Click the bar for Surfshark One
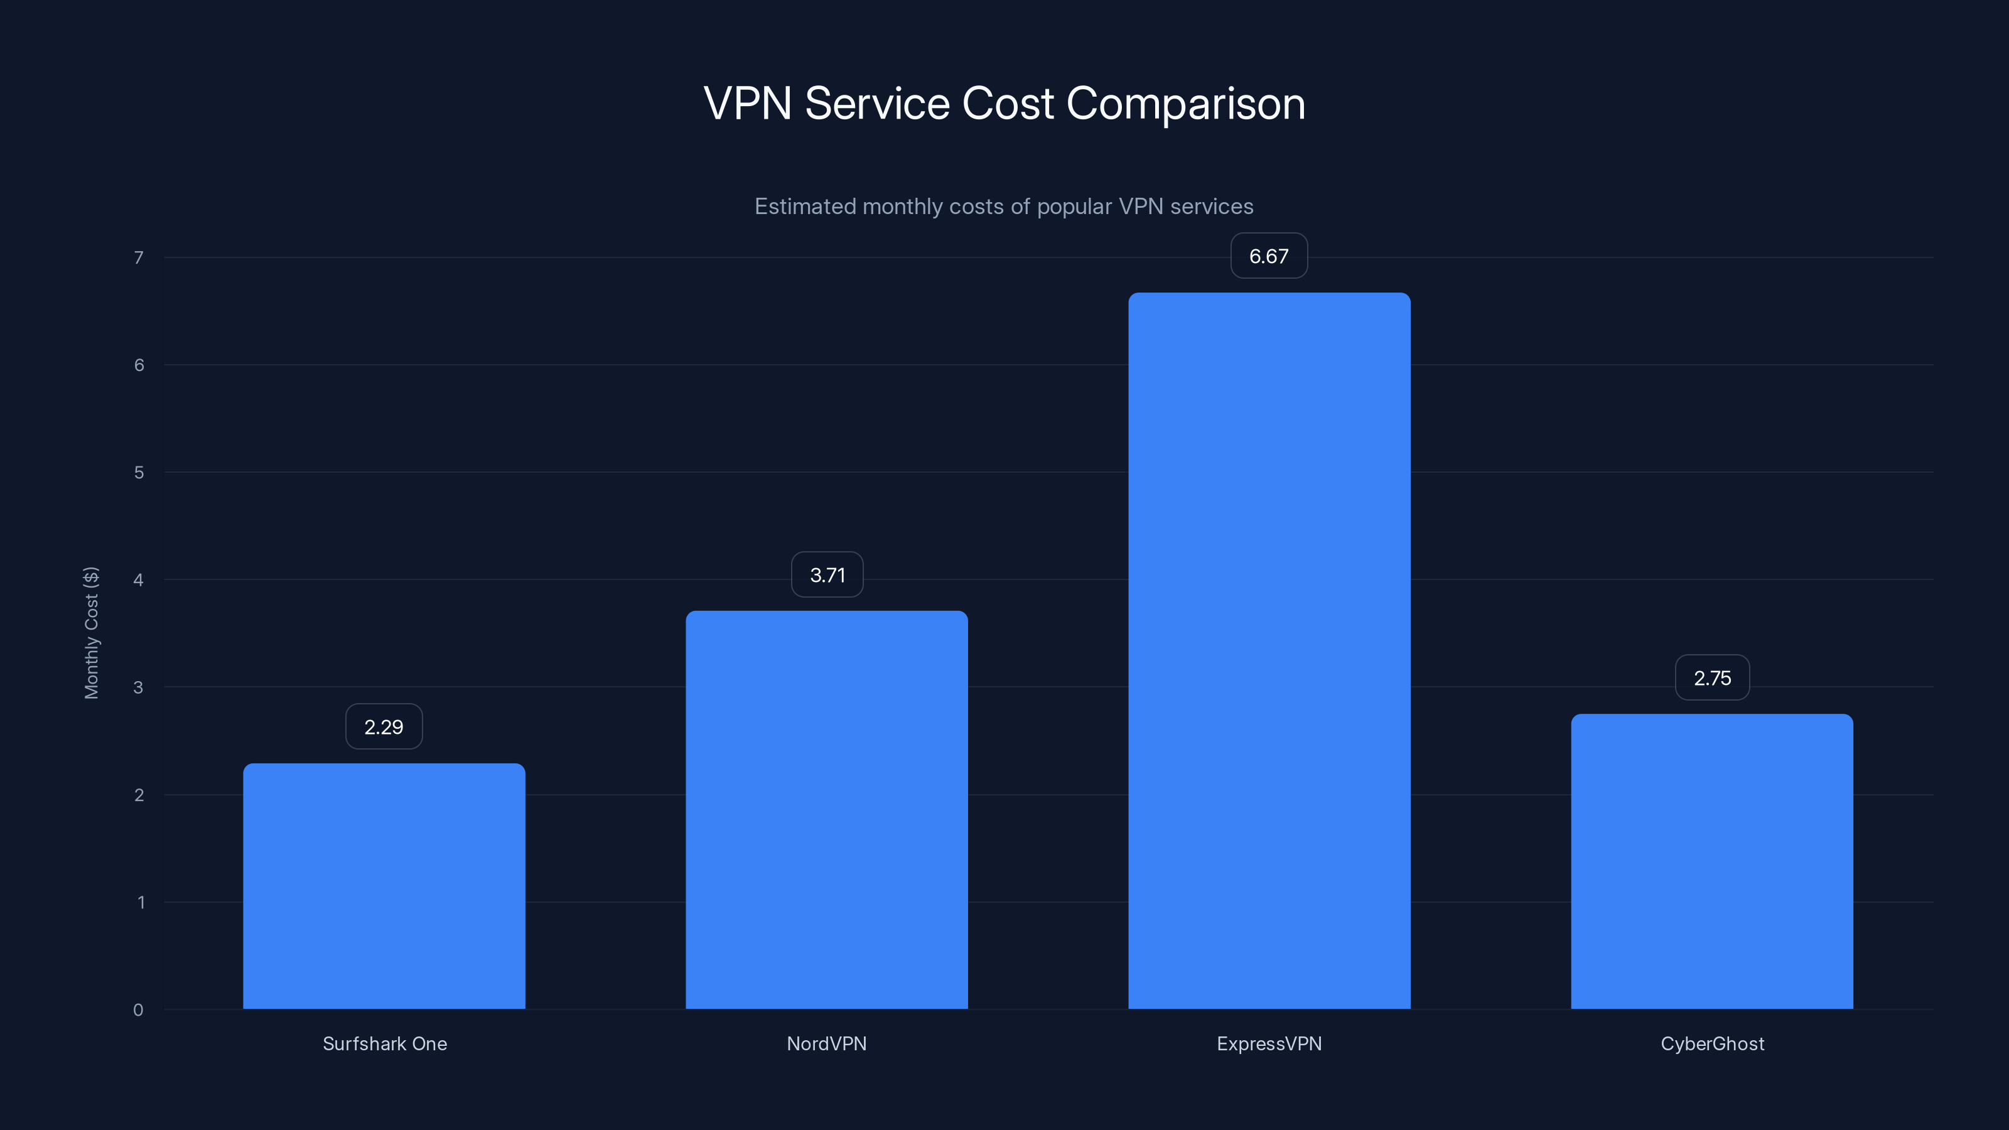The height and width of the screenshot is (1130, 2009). coord(384,886)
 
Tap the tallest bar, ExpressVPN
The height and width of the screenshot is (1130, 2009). coord(1269,650)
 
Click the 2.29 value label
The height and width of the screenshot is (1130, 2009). coord(384,727)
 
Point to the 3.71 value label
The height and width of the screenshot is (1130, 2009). coord(827,575)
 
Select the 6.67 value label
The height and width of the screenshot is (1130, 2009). coord(1269,256)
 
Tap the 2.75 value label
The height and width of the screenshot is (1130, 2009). coord(1712,678)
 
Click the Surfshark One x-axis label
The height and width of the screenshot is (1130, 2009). coord(384,1043)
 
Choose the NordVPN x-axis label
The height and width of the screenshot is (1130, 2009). coord(827,1043)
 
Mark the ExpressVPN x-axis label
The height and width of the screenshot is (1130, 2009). coord(1269,1043)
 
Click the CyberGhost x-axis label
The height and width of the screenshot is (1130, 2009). coord(1712,1043)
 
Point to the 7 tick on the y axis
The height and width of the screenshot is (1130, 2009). coord(139,257)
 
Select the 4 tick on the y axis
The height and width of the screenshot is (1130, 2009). coord(138,579)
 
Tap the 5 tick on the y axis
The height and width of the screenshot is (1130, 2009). coord(139,473)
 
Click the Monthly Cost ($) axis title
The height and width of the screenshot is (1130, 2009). coord(91,632)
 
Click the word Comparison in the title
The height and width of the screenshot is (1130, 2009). coord(1185,104)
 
